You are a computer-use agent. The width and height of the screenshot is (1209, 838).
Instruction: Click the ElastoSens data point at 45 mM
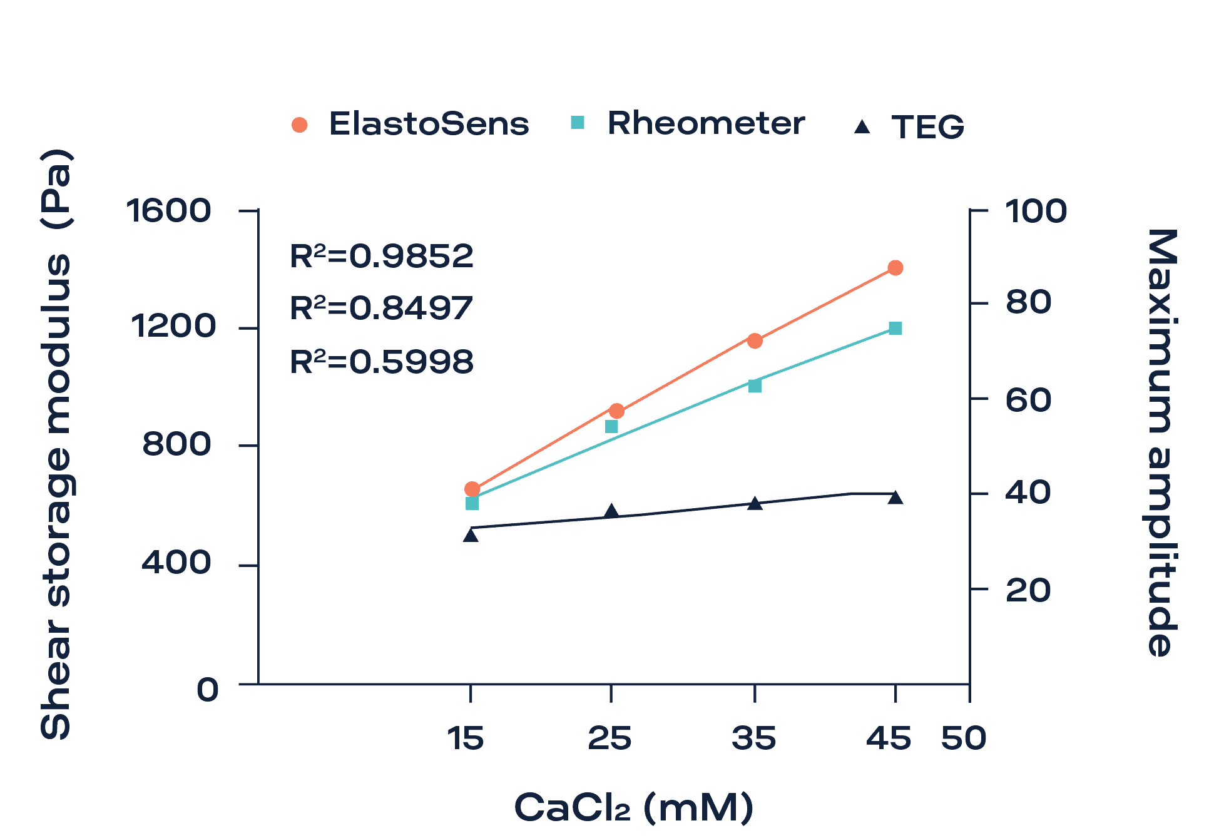pyautogui.click(x=895, y=268)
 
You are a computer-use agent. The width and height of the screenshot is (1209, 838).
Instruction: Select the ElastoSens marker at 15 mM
pyautogui.click(x=472, y=489)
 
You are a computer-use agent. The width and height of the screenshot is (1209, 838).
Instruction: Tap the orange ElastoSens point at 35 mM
pyautogui.click(x=755, y=340)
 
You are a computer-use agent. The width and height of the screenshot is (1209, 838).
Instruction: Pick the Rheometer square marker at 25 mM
pyautogui.click(x=612, y=426)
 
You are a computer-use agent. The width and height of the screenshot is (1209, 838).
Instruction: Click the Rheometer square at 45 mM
pyautogui.click(x=895, y=329)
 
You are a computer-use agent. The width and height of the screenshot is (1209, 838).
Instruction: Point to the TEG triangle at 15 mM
pyautogui.click(x=471, y=535)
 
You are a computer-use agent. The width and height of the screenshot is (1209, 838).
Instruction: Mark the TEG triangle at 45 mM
pyautogui.click(x=895, y=498)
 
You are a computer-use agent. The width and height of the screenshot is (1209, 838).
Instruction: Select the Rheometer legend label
pyautogui.click(x=705, y=123)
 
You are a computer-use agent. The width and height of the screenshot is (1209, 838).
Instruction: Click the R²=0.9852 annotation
pyautogui.click(x=382, y=256)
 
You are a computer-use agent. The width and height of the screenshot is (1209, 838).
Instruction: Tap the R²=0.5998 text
pyautogui.click(x=382, y=362)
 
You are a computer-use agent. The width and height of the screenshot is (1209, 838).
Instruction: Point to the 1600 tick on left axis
pyautogui.click(x=169, y=210)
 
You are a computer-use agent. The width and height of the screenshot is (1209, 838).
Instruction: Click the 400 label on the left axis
pyautogui.click(x=176, y=562)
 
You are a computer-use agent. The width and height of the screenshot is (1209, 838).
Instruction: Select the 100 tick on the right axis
pyautogui.click(x=1036, y=211)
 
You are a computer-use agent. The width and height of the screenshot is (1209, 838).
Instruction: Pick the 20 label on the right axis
pyautogui.click(x=1028, y=590)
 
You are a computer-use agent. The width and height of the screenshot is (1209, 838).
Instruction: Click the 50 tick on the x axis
pyautogui.click(x=964, y=738)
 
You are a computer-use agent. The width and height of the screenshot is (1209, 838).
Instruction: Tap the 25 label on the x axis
pyautogui.click(x=610, y=738)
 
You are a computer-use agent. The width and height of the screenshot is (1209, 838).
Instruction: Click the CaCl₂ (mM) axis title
pyautogui.click(x=633, y=807)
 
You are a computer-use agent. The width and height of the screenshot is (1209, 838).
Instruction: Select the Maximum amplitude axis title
pyautogui.click(x=1163, y=442)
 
